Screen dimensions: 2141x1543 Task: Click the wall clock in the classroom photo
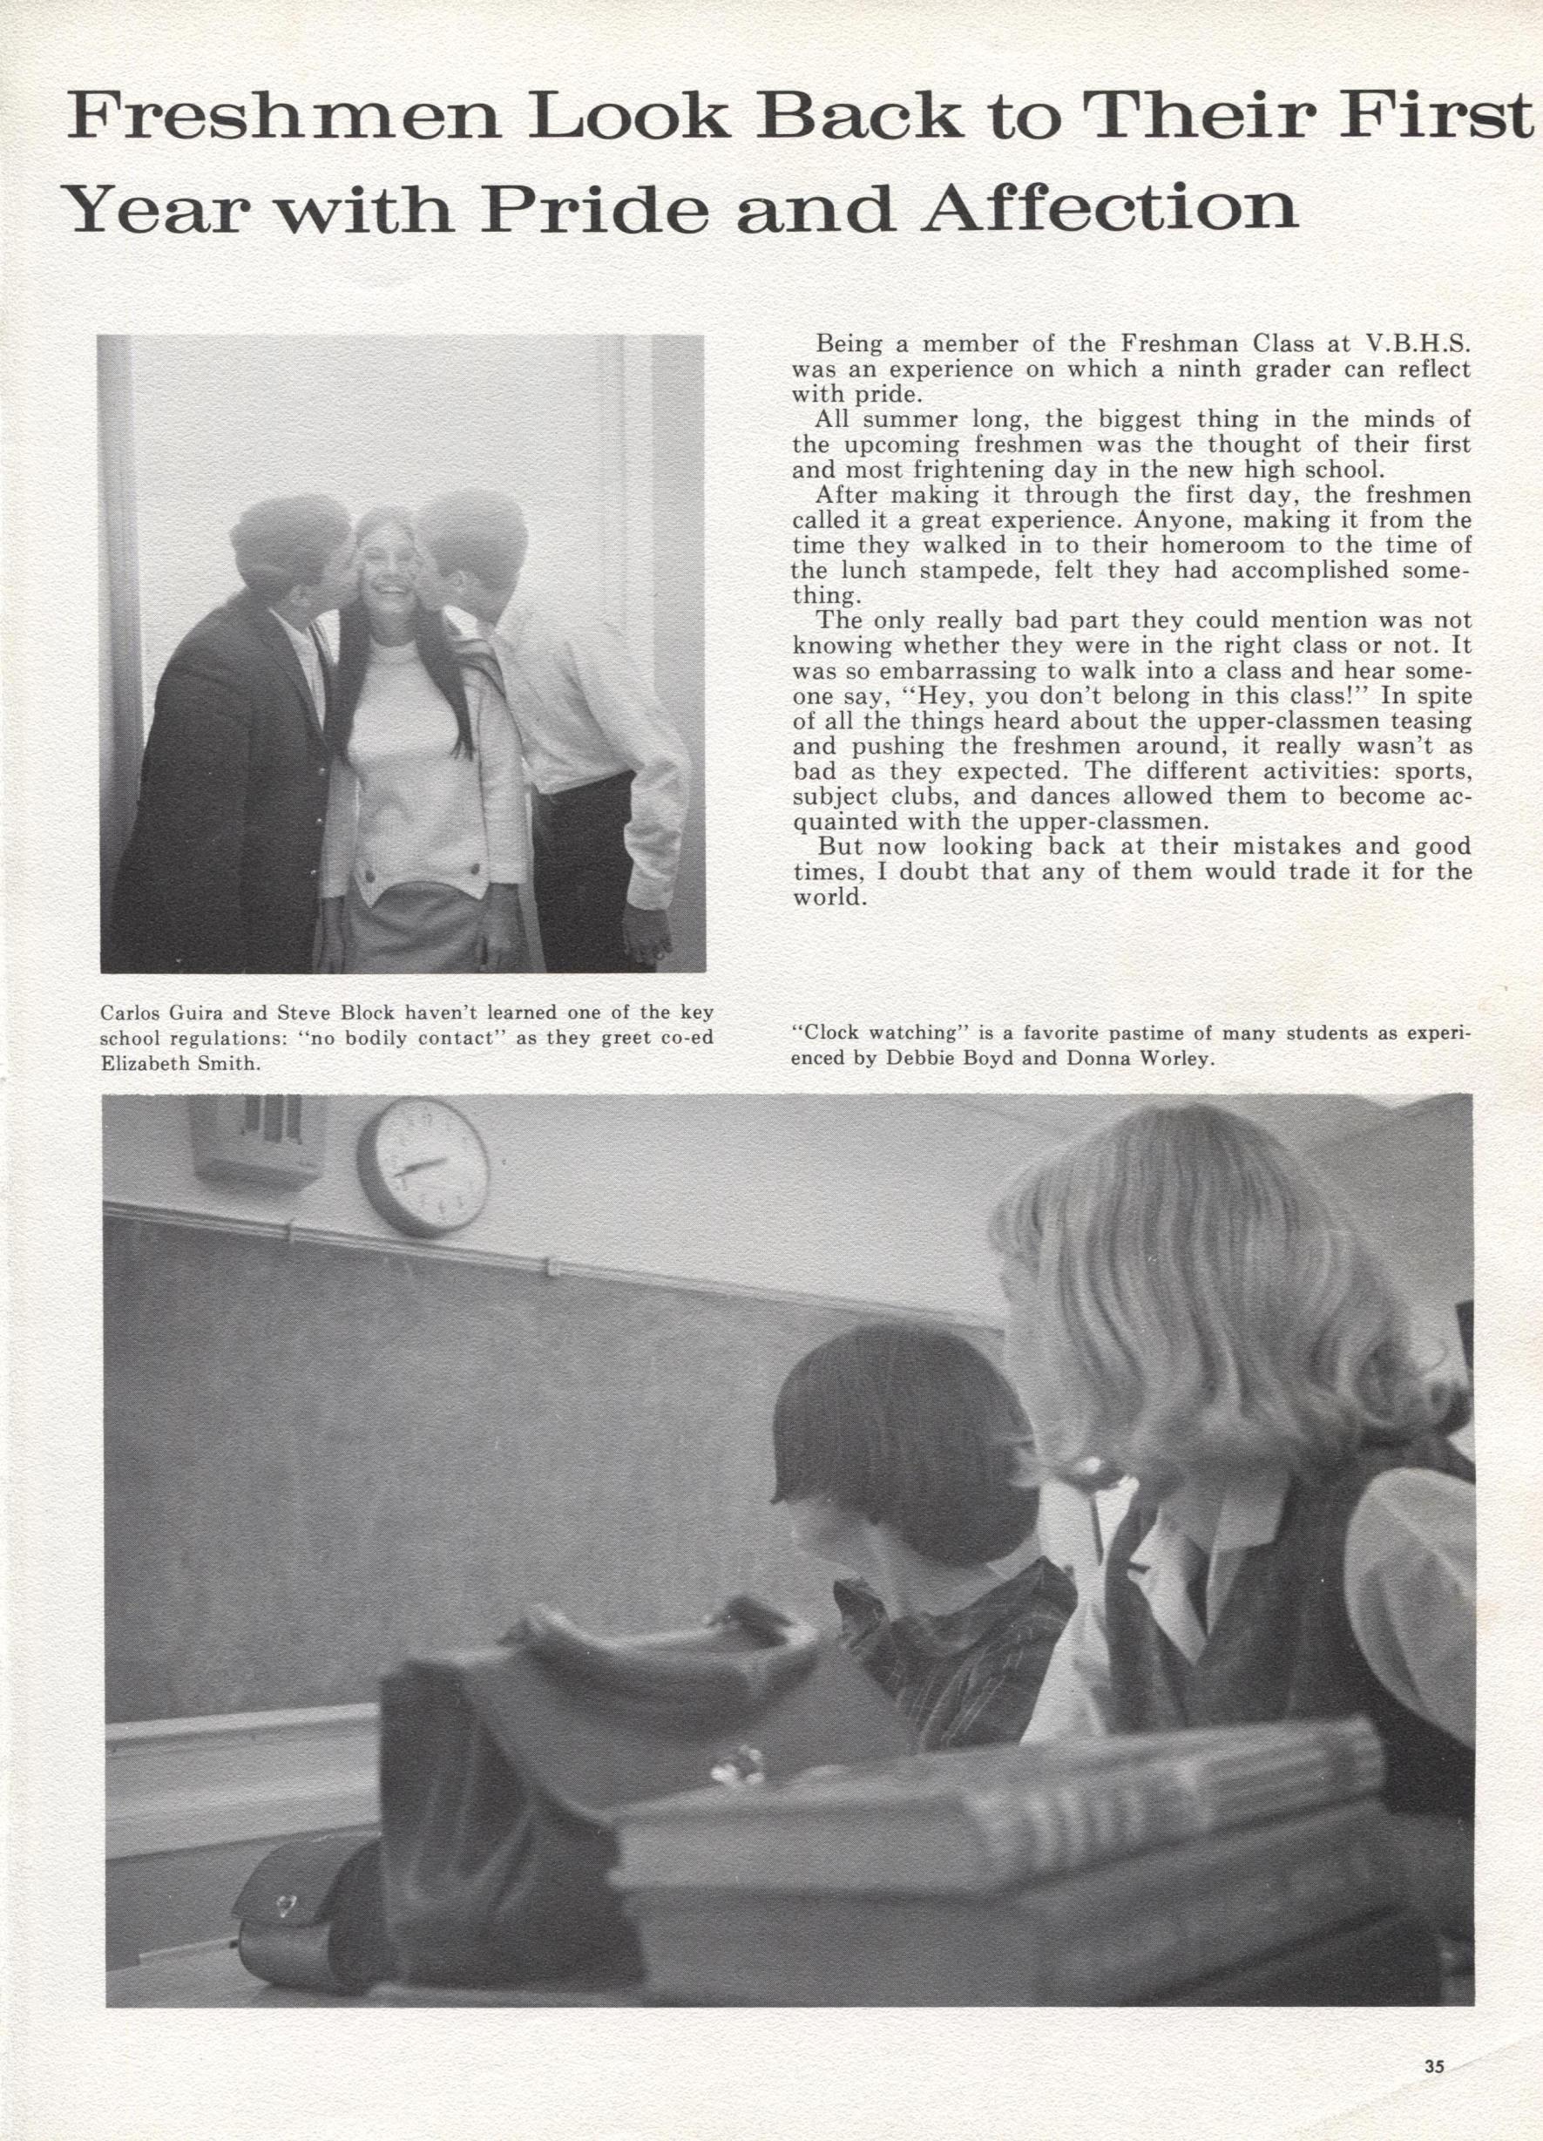point(423,1167)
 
